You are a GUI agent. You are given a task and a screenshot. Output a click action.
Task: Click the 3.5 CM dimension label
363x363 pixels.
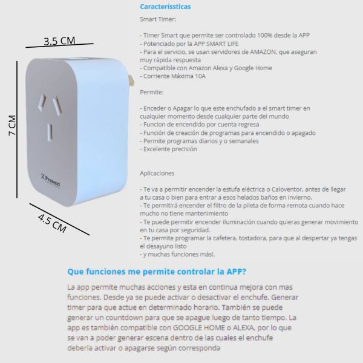coord(59,41)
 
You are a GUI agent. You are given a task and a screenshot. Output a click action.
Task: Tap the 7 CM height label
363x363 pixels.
coord(12,126)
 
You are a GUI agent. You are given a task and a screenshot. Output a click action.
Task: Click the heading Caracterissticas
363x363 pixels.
coord(165,7)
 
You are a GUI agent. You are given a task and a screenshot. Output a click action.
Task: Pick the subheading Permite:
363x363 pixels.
coord(151,92)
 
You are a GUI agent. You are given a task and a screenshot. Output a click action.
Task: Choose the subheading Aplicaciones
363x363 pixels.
coord(157,172)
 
